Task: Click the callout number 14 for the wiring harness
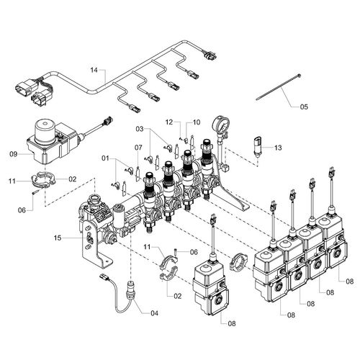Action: point(94,71)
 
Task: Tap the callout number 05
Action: point(304,107)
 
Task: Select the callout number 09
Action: point(14,154)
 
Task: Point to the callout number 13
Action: point(278,148)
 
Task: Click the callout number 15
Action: point(58,238)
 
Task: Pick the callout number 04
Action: point(154,313)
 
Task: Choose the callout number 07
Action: point(138,148)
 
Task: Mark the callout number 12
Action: point(169,122)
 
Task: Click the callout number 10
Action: point(196,122)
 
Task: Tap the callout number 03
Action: point(140,129)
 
